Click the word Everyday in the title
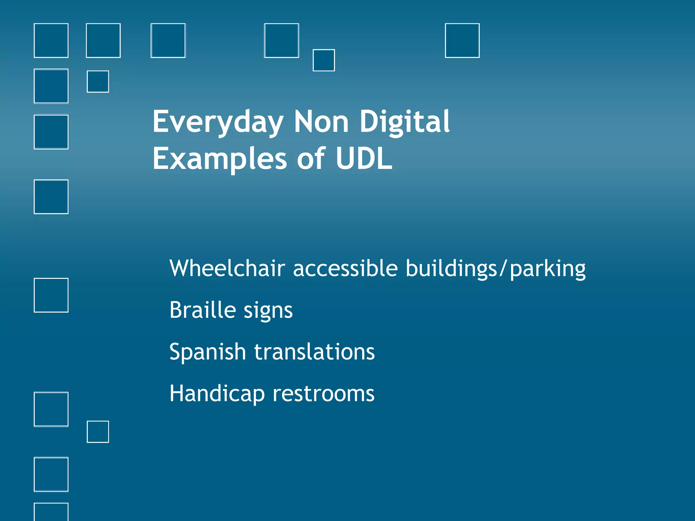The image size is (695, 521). click(x=218, y=122)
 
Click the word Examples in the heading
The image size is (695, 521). click(x=220, y=159)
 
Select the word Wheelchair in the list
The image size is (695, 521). click(x=227, y=268)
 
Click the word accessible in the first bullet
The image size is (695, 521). click(x=345, y=268)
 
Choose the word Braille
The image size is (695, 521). click(x=203, y=310)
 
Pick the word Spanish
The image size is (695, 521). click(x=207, y=352)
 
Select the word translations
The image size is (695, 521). click(x=315, y=352)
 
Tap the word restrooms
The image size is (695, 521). click(x=323, y=393)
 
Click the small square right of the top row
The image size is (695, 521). click(x=324, y=60)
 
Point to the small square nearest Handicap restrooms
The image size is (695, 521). click(x=98, y=432)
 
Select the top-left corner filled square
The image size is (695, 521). click(x=51, y=40)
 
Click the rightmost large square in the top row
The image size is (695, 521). click(x=462, y=40)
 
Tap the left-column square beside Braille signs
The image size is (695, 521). click(x=51, y=295)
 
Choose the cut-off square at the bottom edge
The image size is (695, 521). click(x=51, y=512)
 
